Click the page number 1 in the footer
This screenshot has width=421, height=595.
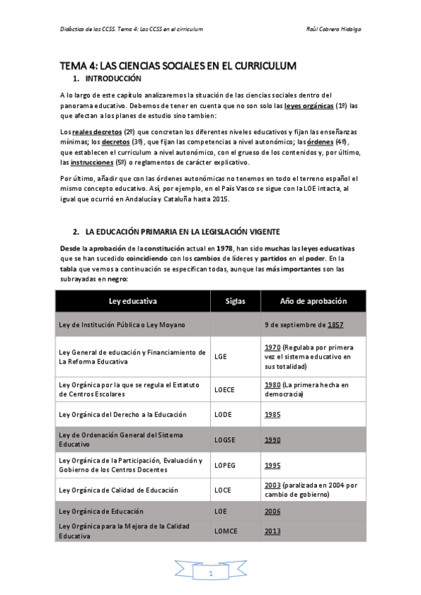click(x=210, y=574)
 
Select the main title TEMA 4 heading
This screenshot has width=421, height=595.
click(x=178, y=65)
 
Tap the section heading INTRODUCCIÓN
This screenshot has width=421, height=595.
click(x=113, y=79)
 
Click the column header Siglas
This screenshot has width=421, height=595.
click(x=235, y=301)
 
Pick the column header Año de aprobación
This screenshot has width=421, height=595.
click(x=313, y=301)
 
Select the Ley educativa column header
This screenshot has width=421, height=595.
click(x=133, y=301)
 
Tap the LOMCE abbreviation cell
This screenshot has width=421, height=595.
click(x=227, y=531)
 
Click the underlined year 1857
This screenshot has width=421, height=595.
click(x=335, y=325)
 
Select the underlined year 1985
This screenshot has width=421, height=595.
click(x=273, y=415)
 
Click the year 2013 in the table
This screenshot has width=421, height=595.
click(x=273, y=531)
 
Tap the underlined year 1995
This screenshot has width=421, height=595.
click(x=273, y=465)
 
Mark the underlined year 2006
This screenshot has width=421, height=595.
click(x=273, y=512)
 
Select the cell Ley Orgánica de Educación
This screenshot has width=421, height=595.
click(x=101, y=512)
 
